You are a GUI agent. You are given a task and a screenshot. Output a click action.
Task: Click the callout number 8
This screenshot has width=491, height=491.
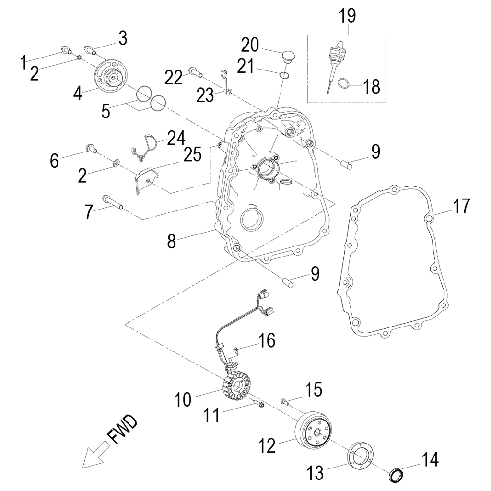(171, 241)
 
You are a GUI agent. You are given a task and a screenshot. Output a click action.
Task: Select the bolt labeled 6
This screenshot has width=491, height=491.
(91, 148)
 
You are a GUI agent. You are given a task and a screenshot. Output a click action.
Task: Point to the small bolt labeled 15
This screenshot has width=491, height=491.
(285, 402)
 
